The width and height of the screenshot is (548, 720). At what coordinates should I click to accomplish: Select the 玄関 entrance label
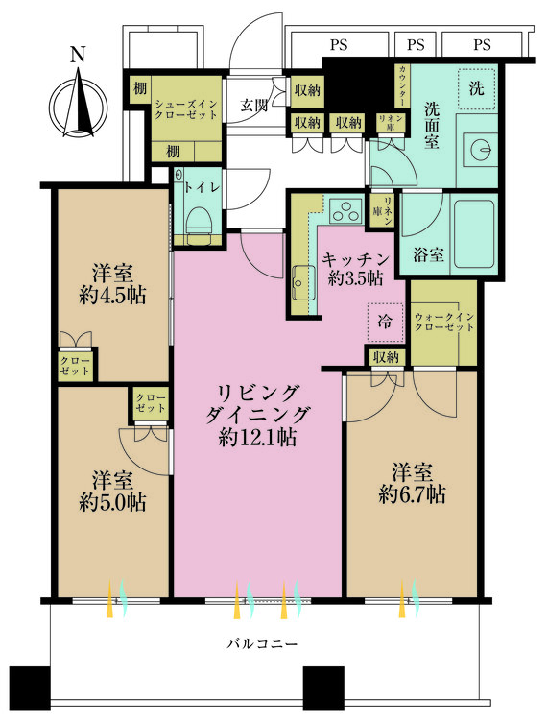[253, 105]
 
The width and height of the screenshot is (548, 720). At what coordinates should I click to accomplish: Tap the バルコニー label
[259, 643]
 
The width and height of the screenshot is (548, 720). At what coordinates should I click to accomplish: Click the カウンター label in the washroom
[403, 84]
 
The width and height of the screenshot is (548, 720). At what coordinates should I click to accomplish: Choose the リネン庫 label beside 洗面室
[389, 122]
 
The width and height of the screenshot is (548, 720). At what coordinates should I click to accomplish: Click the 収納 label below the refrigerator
[386, 357]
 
